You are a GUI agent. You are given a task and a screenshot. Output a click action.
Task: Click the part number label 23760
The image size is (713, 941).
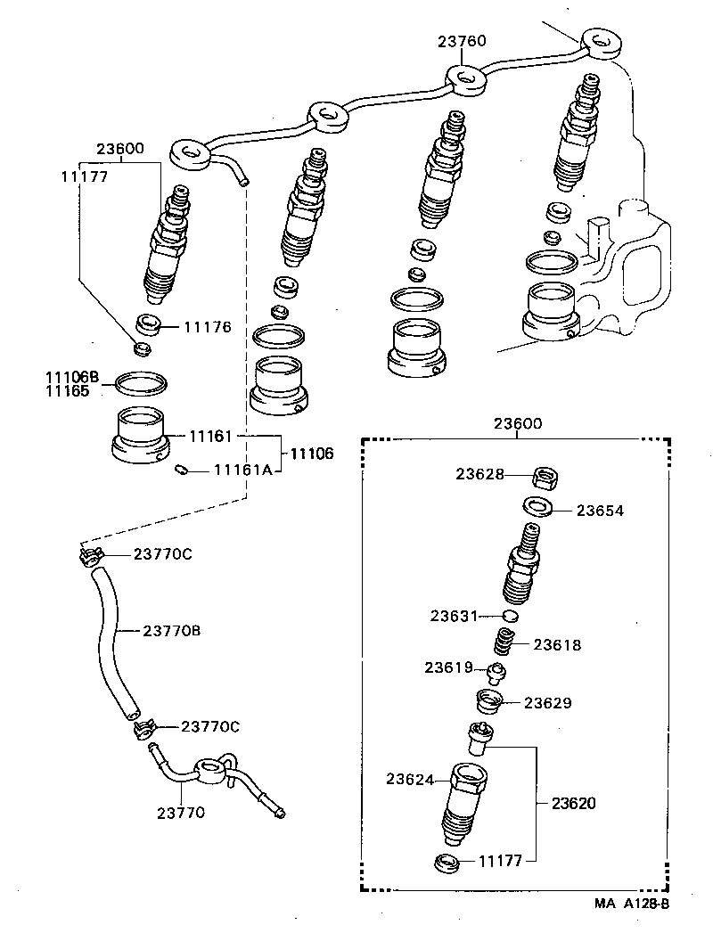pyautogui.click(x=462, y=41)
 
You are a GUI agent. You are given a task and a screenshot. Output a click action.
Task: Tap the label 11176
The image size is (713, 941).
pyautogui.click(x=207, y=327)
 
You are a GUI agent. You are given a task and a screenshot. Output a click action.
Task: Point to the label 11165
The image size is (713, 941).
pyautogui.click(x=68, y=391)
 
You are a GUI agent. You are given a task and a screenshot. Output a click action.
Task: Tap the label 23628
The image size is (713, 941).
pyautogui.click(x=480, y=475)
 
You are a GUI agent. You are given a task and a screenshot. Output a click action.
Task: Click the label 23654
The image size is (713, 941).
pyautogui.click(x=600, y=511)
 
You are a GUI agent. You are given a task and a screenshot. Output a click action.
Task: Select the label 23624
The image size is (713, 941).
pyautogui.click(x=410, y=780)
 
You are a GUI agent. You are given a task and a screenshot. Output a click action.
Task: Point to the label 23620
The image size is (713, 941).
pyautogui.click(x=573, y=803)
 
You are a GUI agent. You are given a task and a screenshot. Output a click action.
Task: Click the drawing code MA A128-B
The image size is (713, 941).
pyautogui.click(x=632, y=904)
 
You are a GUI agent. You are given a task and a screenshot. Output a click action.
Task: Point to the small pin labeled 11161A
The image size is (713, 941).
pyautogui.click(x=181, y=470)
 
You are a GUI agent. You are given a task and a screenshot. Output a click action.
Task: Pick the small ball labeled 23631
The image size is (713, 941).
pyautogui.click(x=510, y=616)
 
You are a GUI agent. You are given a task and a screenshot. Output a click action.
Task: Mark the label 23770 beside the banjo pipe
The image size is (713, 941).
pyautogui.click(x=182, y=812)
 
